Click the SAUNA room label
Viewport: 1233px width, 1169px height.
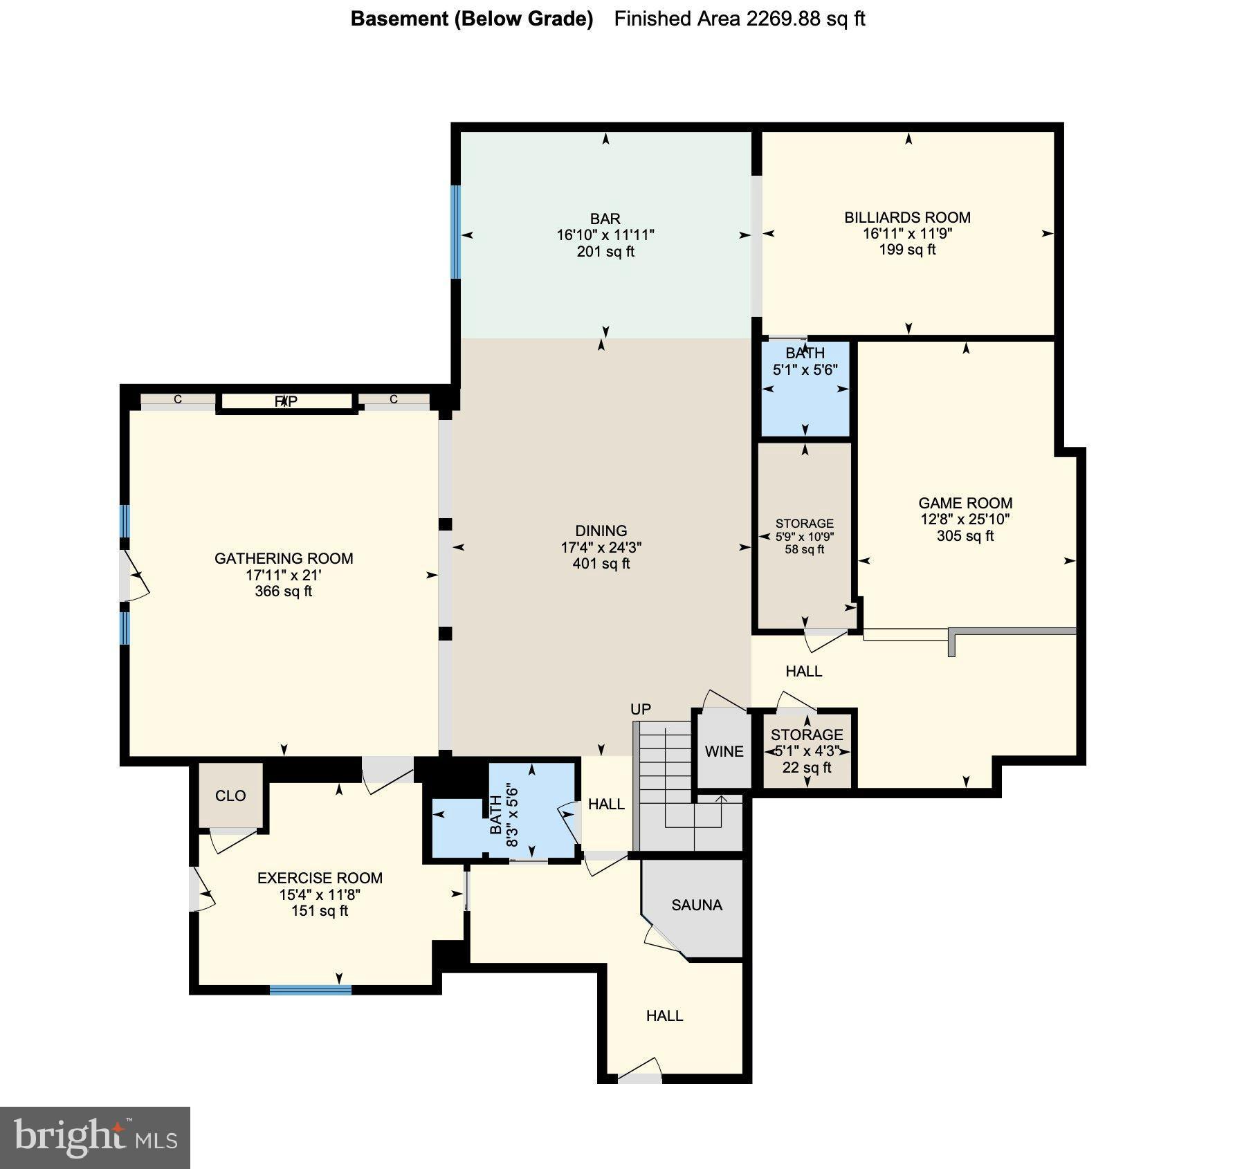(696, 905)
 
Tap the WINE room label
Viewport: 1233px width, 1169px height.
(724, 751)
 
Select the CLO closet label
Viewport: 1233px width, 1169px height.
(230, 795)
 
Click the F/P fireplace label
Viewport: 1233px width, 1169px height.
(286, 401)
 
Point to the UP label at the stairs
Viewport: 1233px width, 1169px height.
(641, 709)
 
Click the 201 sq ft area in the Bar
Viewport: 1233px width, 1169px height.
(605, 252)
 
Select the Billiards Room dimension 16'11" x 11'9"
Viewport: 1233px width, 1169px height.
(907, 234)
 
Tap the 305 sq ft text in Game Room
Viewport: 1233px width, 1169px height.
(965, 536)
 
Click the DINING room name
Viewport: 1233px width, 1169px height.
(601, 531)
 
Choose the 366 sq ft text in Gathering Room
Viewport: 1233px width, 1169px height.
(284, 591)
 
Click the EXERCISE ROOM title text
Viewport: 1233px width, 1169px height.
(320, 878)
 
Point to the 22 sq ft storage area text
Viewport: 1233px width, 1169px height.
(807, 768)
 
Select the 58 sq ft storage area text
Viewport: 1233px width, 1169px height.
(804, 550)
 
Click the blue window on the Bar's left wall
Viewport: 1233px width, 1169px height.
(455, 232)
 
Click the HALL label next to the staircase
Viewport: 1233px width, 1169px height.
(606, 804)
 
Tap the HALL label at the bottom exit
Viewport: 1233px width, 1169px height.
(664, 1015)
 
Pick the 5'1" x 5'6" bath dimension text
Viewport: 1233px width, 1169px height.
(805, 370)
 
